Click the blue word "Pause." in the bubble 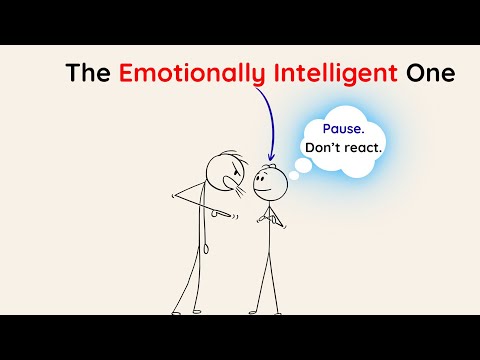(x=342, y=129)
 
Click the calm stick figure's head (x=270, y=183)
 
